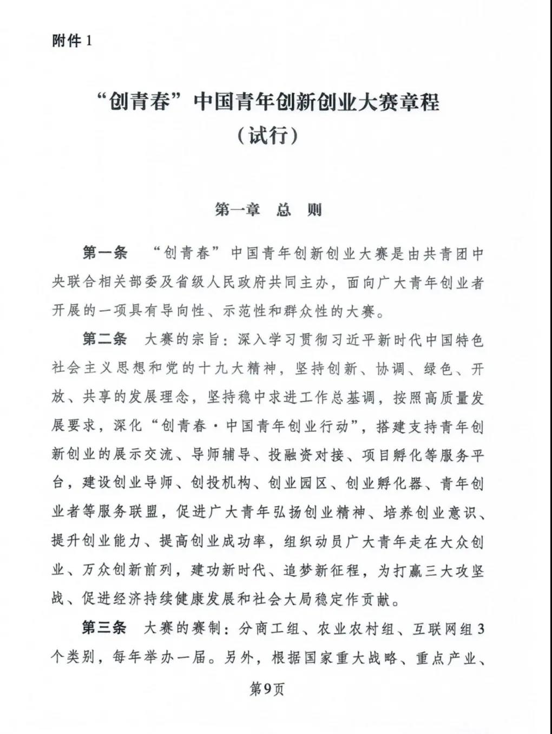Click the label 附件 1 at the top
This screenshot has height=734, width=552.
click(73, 41)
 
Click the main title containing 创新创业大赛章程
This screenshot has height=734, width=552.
click(267, 102)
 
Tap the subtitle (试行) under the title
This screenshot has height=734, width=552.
click(267, 135)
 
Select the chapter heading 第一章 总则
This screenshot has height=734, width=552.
click(268, 209)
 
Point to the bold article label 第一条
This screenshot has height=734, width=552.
click(104, 253)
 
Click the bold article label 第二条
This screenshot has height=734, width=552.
click(104, 339)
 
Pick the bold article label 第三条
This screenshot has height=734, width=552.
click(104, 628)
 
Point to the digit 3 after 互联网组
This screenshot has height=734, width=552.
click(481, 628)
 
